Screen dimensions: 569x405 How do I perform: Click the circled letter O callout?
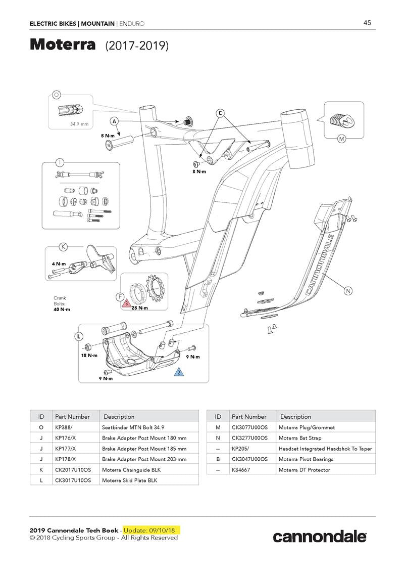click(57, 94)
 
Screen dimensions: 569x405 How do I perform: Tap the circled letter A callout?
click(115, 121)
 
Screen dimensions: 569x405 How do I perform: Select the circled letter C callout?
click(220, 113)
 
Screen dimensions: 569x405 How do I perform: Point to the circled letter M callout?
click(341, 138)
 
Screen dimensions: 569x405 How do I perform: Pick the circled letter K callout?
click(63, 247)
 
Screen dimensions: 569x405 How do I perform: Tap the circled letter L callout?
click(79, 336)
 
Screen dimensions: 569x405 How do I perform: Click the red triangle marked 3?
click(126, 303)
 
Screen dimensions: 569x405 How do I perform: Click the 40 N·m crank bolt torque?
click(62, 309)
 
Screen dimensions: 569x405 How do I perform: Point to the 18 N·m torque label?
click(89, 356)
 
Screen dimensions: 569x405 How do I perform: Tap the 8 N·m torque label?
click(199, 171)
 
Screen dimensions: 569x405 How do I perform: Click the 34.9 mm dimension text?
click(79, 123)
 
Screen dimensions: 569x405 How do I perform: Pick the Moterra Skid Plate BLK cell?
click(129, 480)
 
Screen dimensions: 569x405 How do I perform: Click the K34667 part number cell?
click(241, 470)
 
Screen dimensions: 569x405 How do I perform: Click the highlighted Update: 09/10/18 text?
click(151, 530)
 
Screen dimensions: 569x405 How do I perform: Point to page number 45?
click(367, 23)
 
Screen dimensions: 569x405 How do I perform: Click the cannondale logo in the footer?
click(320, 537)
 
